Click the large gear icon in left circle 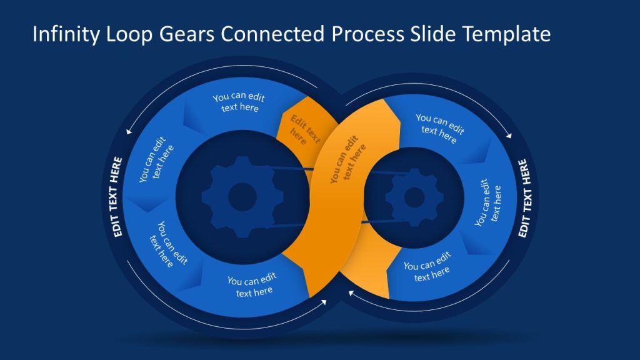point(242,197)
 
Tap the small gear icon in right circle point(414,197)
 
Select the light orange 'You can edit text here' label point(347,160)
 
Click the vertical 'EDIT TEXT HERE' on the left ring point(117,196)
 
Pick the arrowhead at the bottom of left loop point(324,302)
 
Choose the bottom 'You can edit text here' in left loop point(252,286)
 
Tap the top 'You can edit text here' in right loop point(440,124)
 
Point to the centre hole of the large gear point(242,197)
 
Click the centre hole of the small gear point(414,197)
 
